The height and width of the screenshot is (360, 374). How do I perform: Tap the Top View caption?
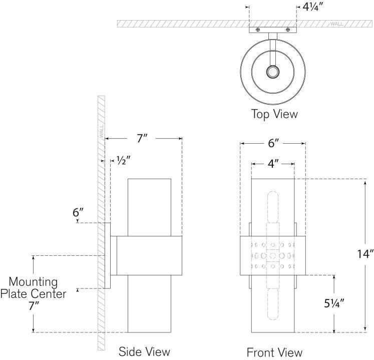pos(274,114)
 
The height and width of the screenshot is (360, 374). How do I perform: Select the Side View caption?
pos(144,351)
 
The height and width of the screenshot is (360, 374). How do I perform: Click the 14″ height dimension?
pos(363,254)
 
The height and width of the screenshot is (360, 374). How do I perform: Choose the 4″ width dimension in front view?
pos(273,163)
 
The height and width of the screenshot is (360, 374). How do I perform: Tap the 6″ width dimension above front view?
pos(273,144)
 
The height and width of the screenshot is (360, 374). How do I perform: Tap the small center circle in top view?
pos(273,73)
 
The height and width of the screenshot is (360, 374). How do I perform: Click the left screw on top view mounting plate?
pos(257,30)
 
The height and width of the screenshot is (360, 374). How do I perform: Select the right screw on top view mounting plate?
pos(288,30)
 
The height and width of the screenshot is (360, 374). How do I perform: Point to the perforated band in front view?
pos(273,254)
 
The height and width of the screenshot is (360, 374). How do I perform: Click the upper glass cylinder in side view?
pos(149,206)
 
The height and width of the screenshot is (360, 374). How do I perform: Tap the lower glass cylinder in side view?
pos(149,304)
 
